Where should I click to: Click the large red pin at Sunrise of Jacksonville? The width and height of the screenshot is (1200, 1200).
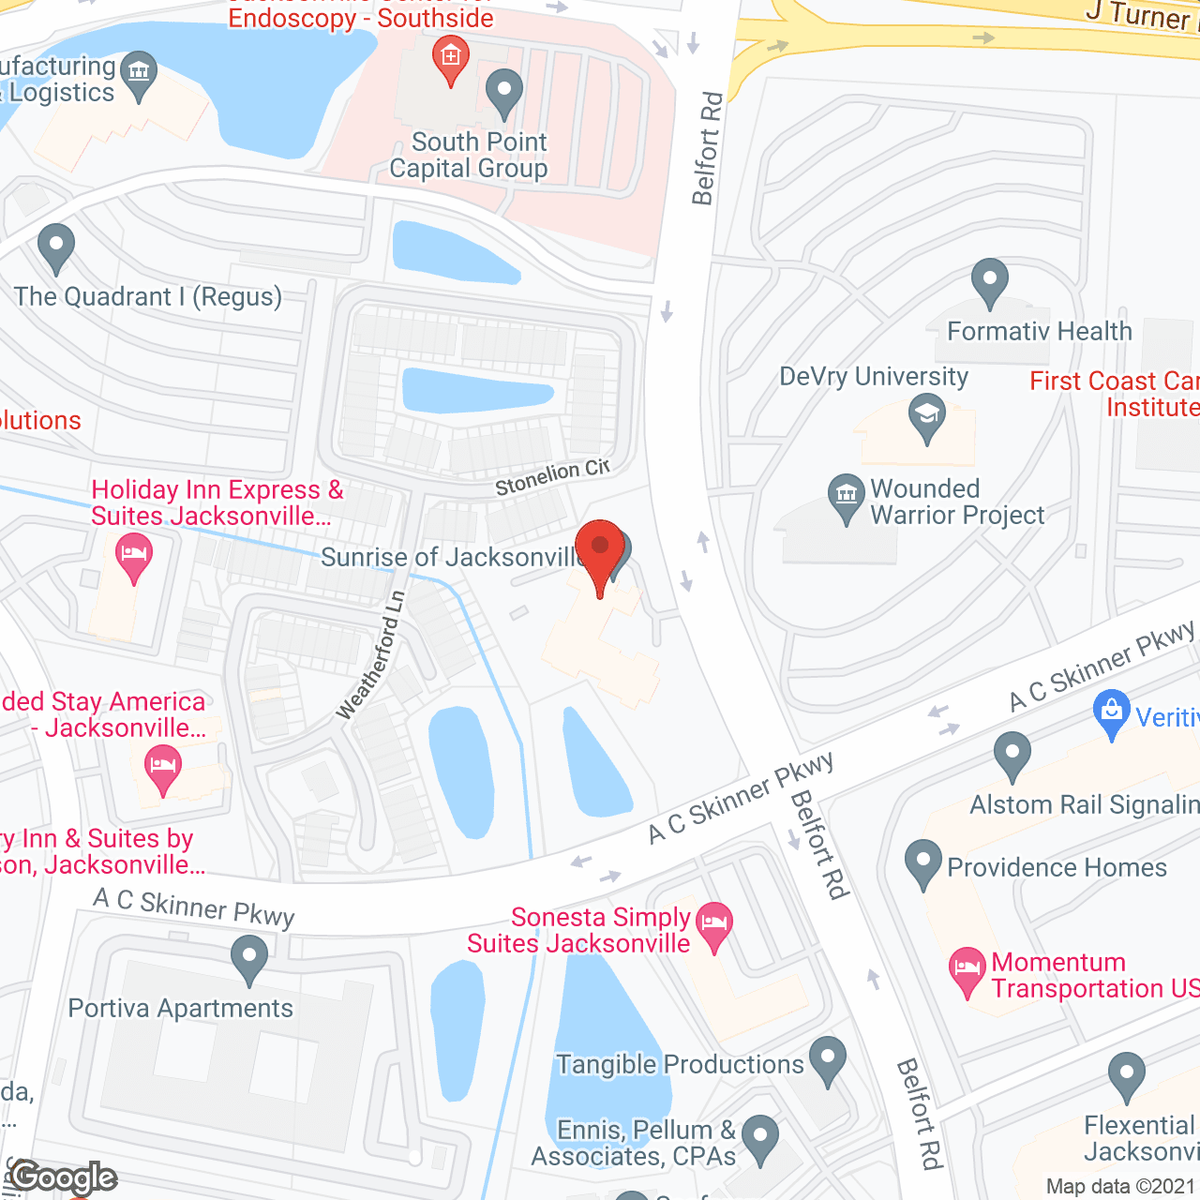pyautogui.click(x=600, y=548)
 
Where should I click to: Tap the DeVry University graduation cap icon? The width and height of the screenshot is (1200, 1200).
pyautogui.click(x=927, y=416)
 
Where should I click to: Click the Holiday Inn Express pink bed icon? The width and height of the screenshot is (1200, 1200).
pyautogui.click(x=134, y=554)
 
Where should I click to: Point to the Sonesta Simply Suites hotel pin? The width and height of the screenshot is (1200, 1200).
pyautogui.click(x=714, y=923)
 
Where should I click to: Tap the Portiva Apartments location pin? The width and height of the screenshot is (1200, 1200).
pyautogui.click(x=249, y=959)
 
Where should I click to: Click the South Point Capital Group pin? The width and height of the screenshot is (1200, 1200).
pyautogui.click(x=504, y=92)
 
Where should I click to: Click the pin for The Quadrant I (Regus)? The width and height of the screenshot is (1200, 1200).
pyautogui.click(x=56, y=246)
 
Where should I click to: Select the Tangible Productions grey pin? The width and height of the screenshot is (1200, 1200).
pyautogui.click(x=828, y=1058)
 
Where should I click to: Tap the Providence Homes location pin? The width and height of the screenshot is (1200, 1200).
pyautogui.click(x=923, y=862)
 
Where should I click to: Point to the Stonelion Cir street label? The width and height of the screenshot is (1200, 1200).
pyautogui.click(x=552, y=477)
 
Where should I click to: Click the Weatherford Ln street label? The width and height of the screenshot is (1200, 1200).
pyautogui.click(x=371, y=655)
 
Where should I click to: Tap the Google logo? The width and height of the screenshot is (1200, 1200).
pyautogui.click(x=64, y=1177)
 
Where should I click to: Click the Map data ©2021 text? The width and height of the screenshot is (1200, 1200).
pyautogui.click(x=1121, y=1186)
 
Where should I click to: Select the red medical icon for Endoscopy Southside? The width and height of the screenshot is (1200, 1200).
pyautogui.click(x=451, y=58)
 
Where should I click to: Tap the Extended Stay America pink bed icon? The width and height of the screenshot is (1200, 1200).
pyautogui.click(x=163, y=768)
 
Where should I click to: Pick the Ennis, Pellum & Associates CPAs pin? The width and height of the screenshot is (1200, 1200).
pyautogui.click(x=760, y=1137)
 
